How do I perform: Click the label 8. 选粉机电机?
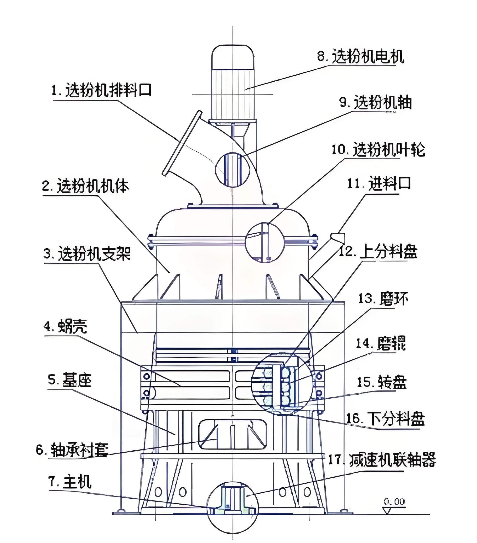tap(360, 57)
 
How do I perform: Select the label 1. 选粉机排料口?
tap(101, 90)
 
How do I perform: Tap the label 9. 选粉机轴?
tap(376, 103)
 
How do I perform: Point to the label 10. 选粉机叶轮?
tap(378, 150)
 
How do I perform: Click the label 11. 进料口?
tap(379, 183)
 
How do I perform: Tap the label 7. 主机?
tap(70, 482)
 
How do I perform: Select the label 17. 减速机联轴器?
tap(382, 459)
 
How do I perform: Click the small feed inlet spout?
tap(338, 237)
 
